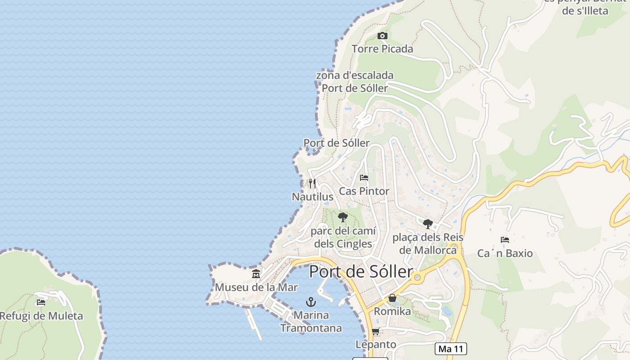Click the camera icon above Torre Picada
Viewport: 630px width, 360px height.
pos(382,36)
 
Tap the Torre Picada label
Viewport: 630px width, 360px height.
pos(382,49)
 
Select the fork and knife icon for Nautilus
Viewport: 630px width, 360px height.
pos(312,184)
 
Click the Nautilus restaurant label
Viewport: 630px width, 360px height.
pos(313,197)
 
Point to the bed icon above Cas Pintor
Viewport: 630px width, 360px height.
pos(364,178)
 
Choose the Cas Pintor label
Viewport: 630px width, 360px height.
pos(364,191)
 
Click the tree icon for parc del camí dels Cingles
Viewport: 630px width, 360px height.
pos(343,218)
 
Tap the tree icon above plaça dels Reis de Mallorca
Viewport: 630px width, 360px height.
pos(427,224)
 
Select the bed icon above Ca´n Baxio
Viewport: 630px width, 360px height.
pos(505,240)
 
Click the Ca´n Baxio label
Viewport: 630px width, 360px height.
pos(505,253)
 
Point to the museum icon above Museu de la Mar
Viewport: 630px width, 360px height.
pos(256,274)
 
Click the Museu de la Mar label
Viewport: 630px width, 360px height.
pos(256,287)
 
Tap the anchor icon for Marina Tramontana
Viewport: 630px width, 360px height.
pos(310,302)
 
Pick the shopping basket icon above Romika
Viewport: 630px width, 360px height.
pos(392,298)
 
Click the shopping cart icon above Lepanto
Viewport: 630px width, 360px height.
pos(376,332)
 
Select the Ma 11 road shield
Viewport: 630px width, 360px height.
pos(451,349)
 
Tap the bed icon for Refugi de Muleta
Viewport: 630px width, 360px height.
pos(41,302)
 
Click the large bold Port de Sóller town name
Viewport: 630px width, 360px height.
pos(361,272)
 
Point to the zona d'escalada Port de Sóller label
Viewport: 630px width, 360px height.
pos(355,81)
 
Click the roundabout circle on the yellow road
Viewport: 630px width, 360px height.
pos(418,277)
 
